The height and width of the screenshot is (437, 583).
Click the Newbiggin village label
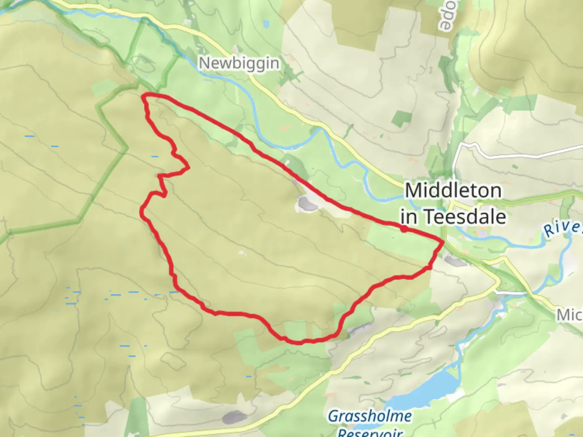click(x=239, y=63)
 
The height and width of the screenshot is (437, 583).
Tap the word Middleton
click(x=453, y=191)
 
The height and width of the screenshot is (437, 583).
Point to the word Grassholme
click(x=370, y=416)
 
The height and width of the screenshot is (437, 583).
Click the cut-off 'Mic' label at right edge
click(x=570, y=314)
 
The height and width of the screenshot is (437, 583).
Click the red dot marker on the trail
click(x=404, y=229)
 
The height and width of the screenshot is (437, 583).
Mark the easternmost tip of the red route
click(x=443, y=242)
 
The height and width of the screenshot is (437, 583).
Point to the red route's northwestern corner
click(x=145, y=96)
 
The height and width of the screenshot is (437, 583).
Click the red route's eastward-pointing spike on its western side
click(x=188, y=168)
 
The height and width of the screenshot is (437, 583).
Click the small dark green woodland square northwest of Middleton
click(x=401, y=117)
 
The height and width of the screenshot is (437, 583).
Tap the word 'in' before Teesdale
click(x=409, y=217)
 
